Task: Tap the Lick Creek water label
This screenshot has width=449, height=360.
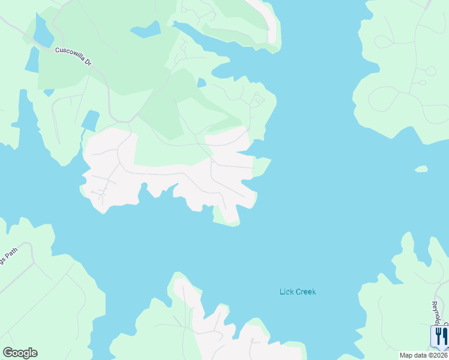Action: [x=297, y=292]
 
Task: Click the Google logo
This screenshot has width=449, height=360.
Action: [x=20, y=353]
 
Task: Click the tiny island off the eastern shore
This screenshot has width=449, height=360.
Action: [x=421, y=169]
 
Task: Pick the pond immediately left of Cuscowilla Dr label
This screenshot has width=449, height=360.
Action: [x=31, y=59]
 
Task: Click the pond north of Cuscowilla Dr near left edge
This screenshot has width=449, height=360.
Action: [x=43, y=31]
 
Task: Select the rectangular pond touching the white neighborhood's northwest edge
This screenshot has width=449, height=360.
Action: [x=90, y=121]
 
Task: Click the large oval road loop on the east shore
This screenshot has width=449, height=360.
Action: [x=384, y=99]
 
